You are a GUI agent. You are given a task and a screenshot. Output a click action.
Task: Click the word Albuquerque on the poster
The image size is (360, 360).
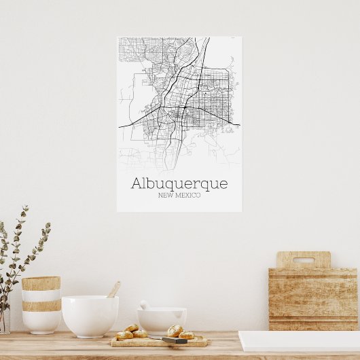[179, 184]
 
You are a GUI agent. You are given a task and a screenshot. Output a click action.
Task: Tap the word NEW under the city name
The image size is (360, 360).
[164, 196]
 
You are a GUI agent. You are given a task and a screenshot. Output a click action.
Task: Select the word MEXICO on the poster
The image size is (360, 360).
[187, 196]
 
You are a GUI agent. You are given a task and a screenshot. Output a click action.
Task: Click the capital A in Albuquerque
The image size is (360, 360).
[137, 183]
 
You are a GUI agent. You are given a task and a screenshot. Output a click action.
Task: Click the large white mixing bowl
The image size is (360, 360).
[90, 316]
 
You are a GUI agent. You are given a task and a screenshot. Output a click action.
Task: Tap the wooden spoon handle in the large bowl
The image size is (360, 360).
[114, 289]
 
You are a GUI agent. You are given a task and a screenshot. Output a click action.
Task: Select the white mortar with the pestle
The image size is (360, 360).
[162, 321]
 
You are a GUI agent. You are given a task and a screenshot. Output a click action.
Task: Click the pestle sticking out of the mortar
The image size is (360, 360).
[144, 305]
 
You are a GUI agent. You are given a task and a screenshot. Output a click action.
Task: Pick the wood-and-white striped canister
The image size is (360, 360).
[41, 305]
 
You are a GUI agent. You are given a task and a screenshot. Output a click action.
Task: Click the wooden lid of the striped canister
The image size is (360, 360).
[41, 283]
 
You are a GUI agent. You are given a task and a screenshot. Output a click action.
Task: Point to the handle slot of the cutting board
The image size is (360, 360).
[303, 259]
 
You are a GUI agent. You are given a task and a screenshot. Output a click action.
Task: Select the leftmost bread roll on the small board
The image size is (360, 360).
[124, 335]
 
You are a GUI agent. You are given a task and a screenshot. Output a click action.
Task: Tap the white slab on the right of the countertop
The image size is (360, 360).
[299, 341]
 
